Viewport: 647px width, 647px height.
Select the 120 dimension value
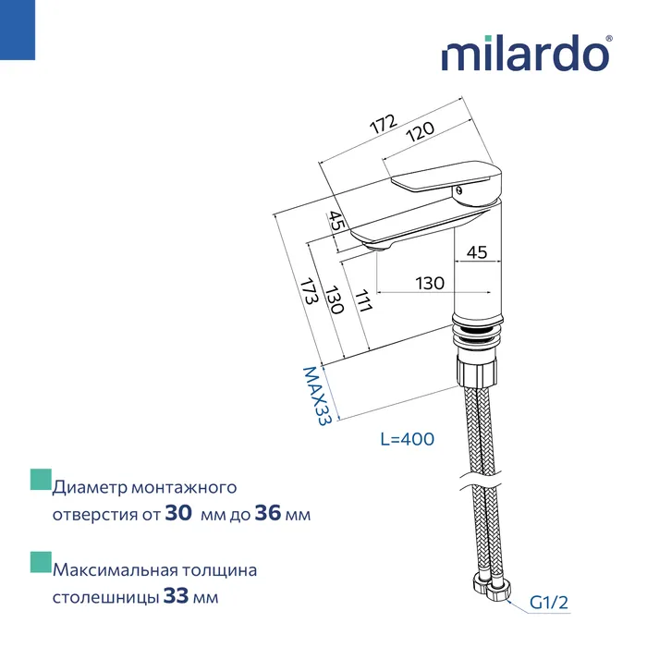point(420,134)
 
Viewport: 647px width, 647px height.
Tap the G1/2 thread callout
point(548,603)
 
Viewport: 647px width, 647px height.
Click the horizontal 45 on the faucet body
point(477,251)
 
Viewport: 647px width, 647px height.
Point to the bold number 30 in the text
point(178,514)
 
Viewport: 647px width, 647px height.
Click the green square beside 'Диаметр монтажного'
point(40,480)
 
